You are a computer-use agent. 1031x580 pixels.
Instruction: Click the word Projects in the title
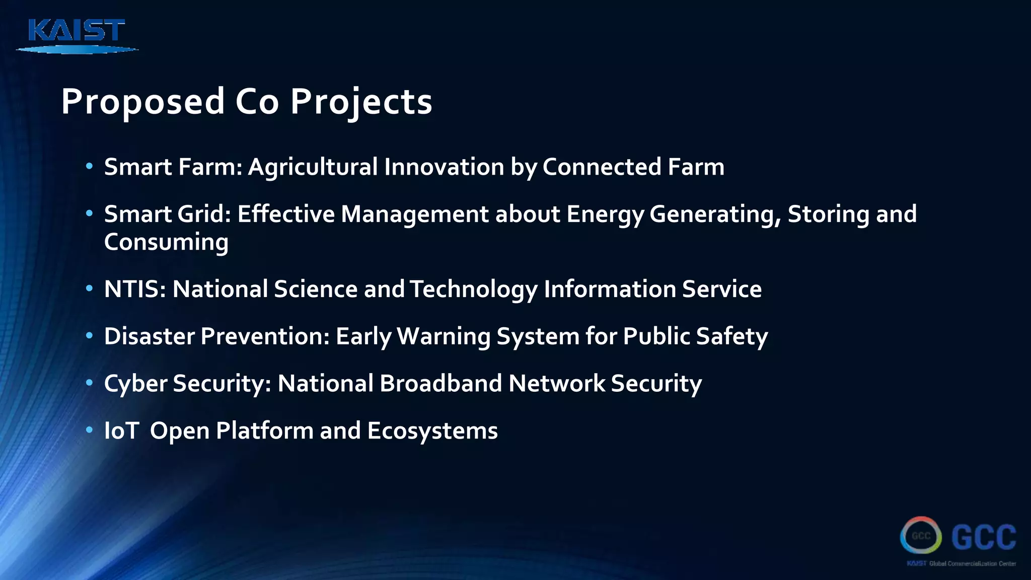361,102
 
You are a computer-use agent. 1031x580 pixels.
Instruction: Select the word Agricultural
313,167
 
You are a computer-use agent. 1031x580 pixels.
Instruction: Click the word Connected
602,167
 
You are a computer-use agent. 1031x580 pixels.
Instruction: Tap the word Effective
286,214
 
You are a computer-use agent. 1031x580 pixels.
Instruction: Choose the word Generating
715,214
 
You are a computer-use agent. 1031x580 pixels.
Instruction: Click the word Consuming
166,242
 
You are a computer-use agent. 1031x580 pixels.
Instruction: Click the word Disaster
149,336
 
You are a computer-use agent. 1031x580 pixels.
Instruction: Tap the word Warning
444,336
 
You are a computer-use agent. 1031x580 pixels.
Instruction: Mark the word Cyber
135,384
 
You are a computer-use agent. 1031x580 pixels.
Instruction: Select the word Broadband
441,384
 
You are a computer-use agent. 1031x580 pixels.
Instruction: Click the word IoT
121,431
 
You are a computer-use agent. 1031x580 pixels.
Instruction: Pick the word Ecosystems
432,431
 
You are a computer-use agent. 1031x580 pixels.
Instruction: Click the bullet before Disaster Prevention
90,336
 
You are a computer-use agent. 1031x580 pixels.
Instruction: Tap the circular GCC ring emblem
921,536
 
